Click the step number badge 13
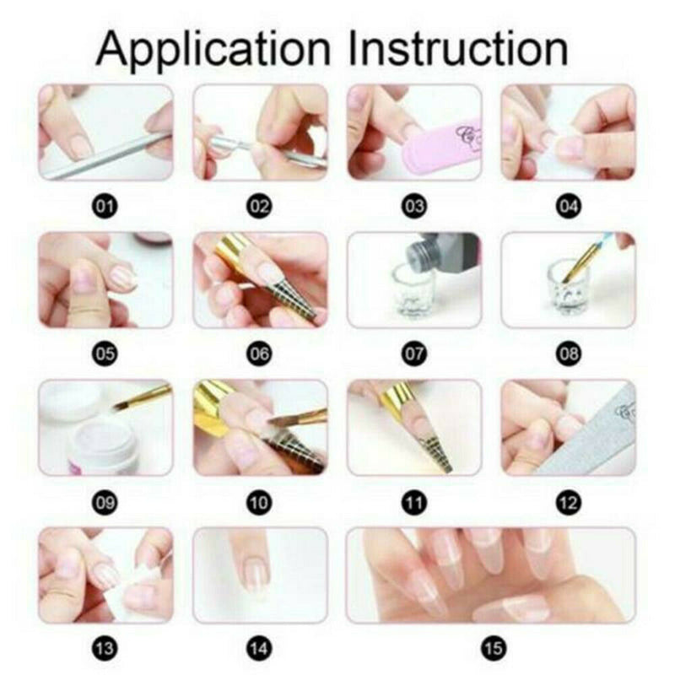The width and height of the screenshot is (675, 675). (105, 649)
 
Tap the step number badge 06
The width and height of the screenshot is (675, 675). (260, 354)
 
